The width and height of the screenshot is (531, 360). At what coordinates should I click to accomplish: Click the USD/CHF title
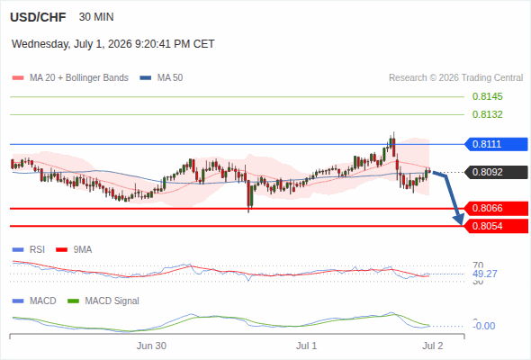point(38,17)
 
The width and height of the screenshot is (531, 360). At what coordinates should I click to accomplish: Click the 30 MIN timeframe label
point(96,17)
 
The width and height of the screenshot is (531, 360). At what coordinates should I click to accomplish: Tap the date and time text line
point(112,44)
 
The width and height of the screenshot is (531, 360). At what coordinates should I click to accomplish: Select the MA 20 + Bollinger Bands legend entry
point(70,78)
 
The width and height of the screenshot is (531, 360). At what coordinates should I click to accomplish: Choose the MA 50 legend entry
point(161,78)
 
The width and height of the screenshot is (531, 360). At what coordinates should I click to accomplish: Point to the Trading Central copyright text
point(455,78)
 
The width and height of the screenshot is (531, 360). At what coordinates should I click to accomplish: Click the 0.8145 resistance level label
point(487,96)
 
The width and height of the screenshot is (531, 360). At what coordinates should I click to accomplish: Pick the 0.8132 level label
point(487,114)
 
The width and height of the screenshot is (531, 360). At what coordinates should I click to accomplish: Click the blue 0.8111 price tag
point(496,144)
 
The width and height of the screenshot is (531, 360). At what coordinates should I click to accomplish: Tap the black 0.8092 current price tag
point(496,172)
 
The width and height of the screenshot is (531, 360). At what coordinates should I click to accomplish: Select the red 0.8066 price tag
point(496,208)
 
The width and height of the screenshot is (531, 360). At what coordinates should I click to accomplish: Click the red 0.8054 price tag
point(496,226)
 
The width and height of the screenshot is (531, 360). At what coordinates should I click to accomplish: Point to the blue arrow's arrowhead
point(459,220)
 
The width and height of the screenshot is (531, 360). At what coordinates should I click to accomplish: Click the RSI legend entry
point(29,249)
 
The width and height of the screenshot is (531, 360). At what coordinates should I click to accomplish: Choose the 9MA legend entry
point(74,249)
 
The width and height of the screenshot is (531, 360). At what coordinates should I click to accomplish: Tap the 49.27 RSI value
point(485,274)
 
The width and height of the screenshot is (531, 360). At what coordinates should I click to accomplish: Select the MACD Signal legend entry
point(103,301)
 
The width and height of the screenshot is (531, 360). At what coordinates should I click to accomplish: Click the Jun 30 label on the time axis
point(151,346)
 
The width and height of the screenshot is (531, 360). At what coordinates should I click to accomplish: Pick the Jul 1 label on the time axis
point(307,346)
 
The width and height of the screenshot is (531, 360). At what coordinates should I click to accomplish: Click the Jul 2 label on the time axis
point(433,346)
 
